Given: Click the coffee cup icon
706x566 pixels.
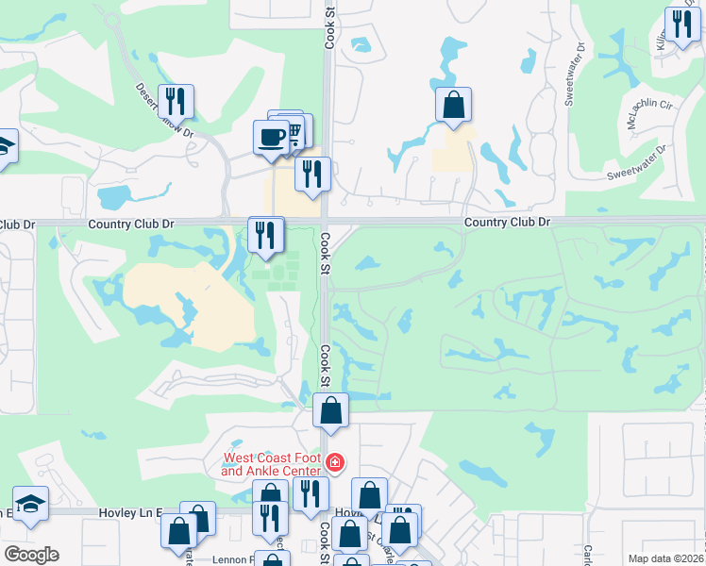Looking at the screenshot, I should [x=271, y=137].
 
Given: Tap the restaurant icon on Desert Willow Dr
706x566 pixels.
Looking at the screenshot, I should [x=176, y=101].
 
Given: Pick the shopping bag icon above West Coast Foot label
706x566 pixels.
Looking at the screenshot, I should [x=331, y=410].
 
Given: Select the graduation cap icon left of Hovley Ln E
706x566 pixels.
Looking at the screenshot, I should [x=30, y=503].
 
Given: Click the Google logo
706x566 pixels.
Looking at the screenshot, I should [x=31, y=555].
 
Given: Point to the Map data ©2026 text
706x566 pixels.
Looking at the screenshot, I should [x=666, y=558].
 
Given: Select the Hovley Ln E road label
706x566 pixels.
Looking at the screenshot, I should [x=128, y=512].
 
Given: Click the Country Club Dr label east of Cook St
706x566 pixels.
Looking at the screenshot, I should [x=507, y=222].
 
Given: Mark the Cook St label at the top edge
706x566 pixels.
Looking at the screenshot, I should [x=329, y=25].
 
